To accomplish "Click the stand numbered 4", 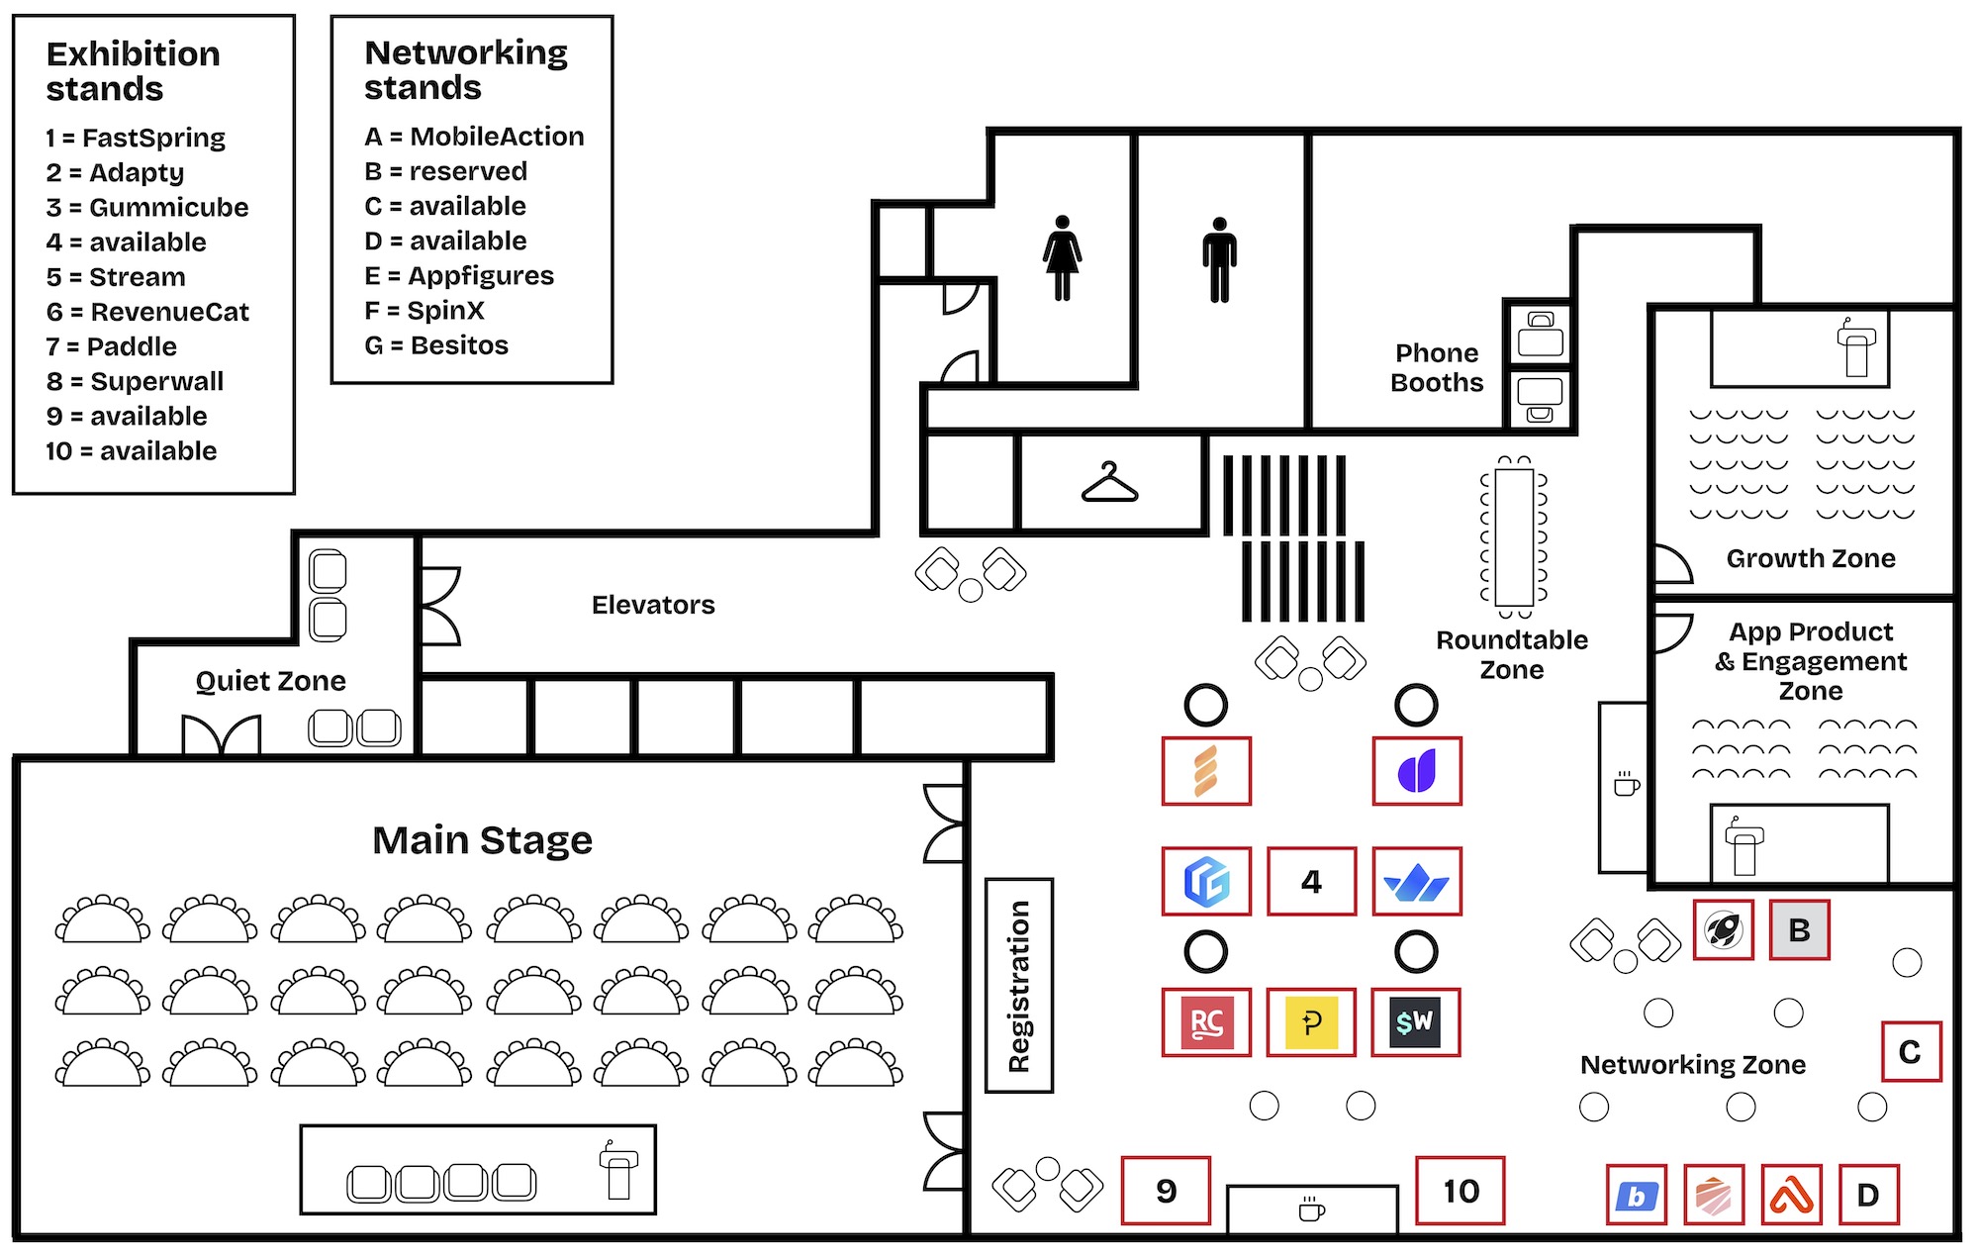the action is pyautogui.click(x=1311, y=881).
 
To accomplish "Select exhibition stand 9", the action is pyautogui.click(x=1167, y=1190).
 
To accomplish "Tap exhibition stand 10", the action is pyautogui.click(x=1461, y=1190).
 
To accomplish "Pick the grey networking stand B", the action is pyautogui.click(x=1799, y=929).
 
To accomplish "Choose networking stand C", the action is pyautogui.click(x=1911, y=1051).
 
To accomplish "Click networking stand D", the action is pyautogui.click(x=1868, y=1195).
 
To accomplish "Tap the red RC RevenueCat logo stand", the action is pyautogui.click(x=1206, y=1021).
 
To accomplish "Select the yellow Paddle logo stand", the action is pyautogui.click(x=1311, y=1021).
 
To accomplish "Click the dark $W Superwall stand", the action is pyautogui.click(x=1417, y=1021).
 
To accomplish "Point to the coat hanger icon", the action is pyautogui.click(x=1109, y=483).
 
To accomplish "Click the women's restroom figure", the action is pyautogui.click(x=1062, y=258).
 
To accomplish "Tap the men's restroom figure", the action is pyautogui.click(x=1220, y=260).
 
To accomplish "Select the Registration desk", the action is pyautogui.click(x=1019, y=986).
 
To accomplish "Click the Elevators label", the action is pyautogui.click(x=653, y=605).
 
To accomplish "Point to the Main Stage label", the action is pyautogui.click(x=482, y=840).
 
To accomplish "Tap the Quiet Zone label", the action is pyautogui.click(x=271, y=681).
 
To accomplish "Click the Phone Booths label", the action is pyautogui.click(x=1437, y=368).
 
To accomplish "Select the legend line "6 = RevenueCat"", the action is pyautogui.click(x=147, y=312).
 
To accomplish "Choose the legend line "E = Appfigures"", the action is pyautogui.click(x=459, y=275).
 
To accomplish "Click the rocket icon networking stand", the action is pyautogui.click(x=1723, y=929).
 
